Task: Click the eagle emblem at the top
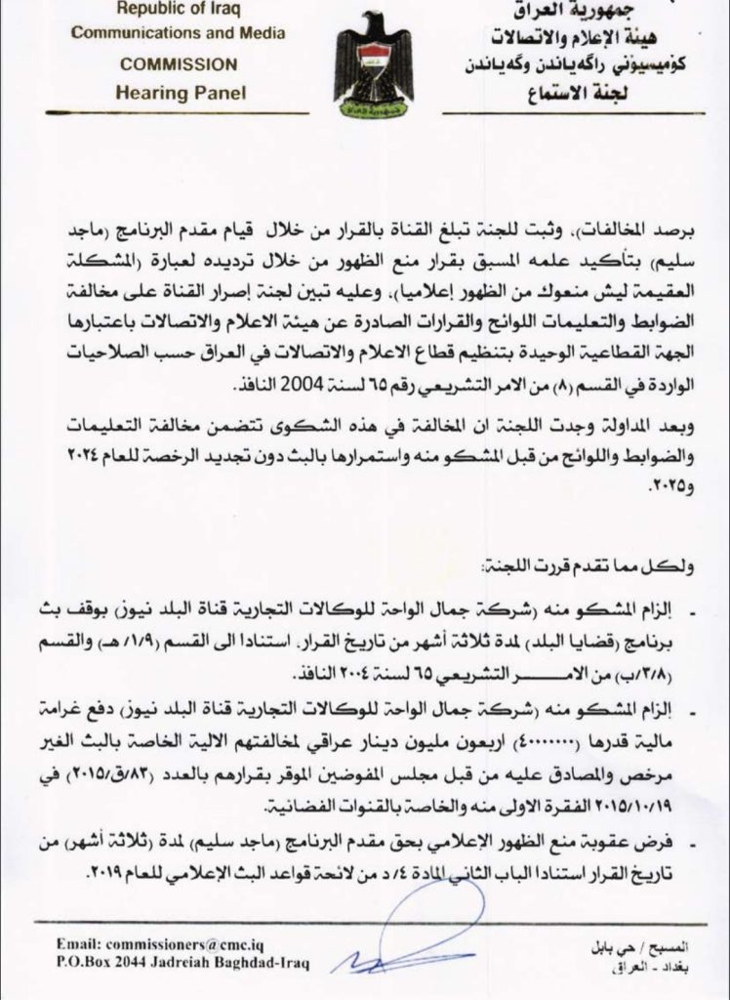click(x=373, y=64)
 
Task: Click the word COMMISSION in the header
click(x=177, y=64)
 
